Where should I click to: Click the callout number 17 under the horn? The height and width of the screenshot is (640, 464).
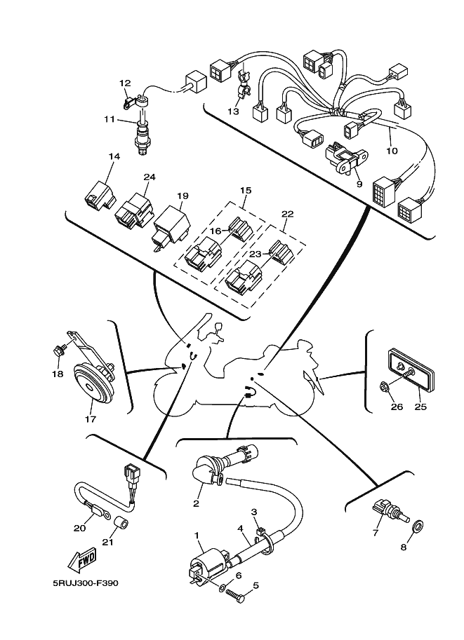point(91,420)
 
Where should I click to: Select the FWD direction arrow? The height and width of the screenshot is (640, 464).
point(83,560)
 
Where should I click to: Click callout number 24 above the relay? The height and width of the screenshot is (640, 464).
point(149,177)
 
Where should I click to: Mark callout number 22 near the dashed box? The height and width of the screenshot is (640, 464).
point(287,214)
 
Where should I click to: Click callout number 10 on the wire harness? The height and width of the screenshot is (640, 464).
point(392,151)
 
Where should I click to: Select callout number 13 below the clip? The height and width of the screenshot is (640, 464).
point(234,111)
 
